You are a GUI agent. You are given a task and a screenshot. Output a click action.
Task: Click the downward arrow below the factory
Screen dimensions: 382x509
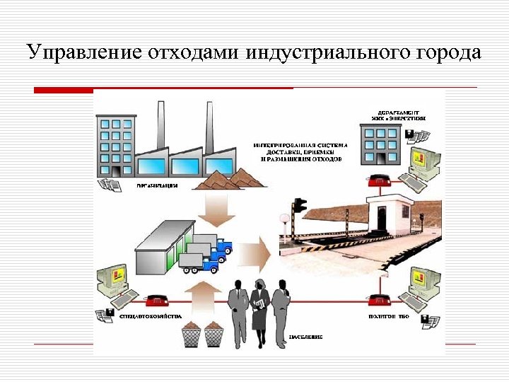click(213, 208)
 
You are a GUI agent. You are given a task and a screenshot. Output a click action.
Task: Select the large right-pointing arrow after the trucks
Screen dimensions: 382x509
click(257, 252)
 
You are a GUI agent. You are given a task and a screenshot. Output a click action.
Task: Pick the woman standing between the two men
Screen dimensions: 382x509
click(259, 312)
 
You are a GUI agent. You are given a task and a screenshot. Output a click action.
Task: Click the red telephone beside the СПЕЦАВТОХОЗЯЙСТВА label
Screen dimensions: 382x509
click(154, 300)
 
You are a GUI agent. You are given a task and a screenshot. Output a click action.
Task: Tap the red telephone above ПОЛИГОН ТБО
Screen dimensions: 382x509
click(380, 300)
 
